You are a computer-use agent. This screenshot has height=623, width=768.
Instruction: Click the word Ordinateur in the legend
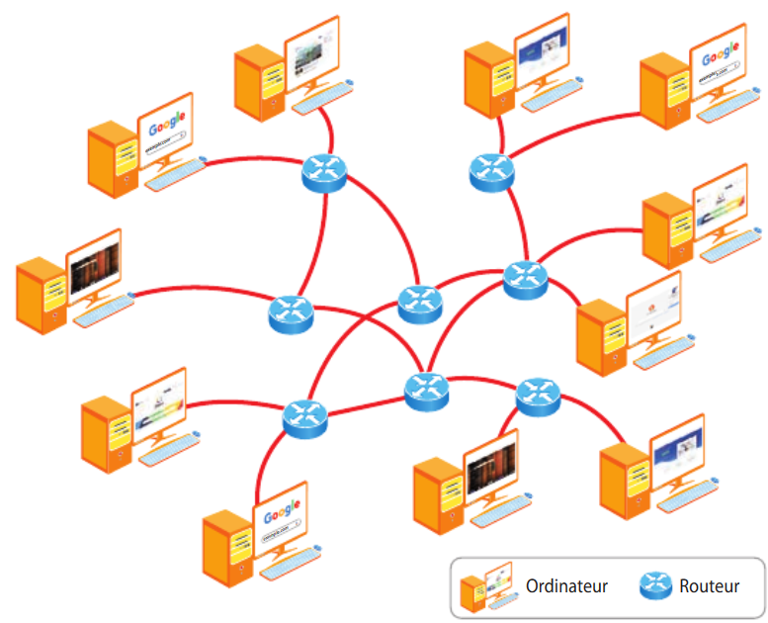pyautogui.click(x=566, y=586)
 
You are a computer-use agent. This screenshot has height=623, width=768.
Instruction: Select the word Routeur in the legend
pyautogui.click(x=709, y=586)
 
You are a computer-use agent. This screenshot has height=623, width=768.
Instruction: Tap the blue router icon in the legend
pyautogui.click(x=653, y=586)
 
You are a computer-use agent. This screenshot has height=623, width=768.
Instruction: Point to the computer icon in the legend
pyautogui.click(x=485, y=585)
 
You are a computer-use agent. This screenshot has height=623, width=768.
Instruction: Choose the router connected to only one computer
pyautogui.click(x=290, y=313)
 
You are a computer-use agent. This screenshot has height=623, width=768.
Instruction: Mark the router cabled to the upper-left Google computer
pyautogui.click(x=323, y=173)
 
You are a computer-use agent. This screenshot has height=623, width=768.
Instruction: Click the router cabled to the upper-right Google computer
pyautogui.click(x=491, y=170)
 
